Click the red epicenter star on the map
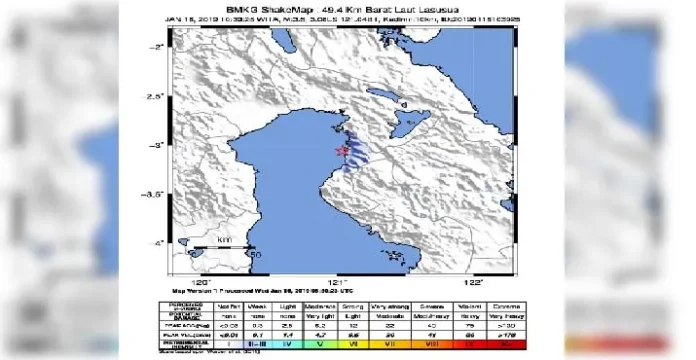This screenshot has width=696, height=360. coord(342,150)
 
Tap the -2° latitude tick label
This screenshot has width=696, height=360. coord(157,47)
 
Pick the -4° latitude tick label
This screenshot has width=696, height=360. coord(157,243)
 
